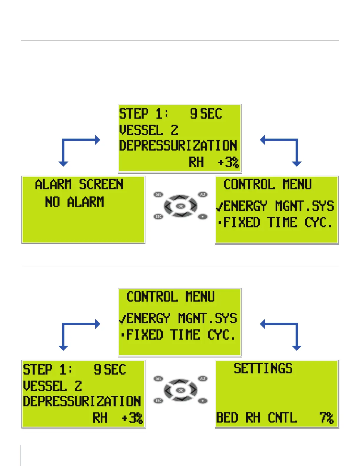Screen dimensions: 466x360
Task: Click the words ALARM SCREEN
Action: [79, 185]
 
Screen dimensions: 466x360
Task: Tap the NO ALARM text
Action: [74, 202]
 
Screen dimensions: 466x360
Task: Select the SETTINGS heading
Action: [263, 368]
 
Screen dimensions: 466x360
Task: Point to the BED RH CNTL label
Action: [256, 417]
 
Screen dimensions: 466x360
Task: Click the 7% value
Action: [326, 417]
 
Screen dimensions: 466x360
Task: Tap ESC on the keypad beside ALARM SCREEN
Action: [159, 217]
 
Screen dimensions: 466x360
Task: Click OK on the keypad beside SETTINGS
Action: [181, 390]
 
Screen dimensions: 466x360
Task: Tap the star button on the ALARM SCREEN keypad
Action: [203, 217]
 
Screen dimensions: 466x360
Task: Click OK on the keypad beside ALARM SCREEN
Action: [181, 206]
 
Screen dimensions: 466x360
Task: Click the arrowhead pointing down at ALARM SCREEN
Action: [64, 164]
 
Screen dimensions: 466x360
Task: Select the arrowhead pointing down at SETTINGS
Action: [296, 348]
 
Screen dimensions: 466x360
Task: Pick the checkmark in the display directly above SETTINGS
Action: [122, 319]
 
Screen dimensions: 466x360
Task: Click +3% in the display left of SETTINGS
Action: [132, 418]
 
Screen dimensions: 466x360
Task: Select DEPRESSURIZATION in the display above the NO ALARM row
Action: [178, 146]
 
